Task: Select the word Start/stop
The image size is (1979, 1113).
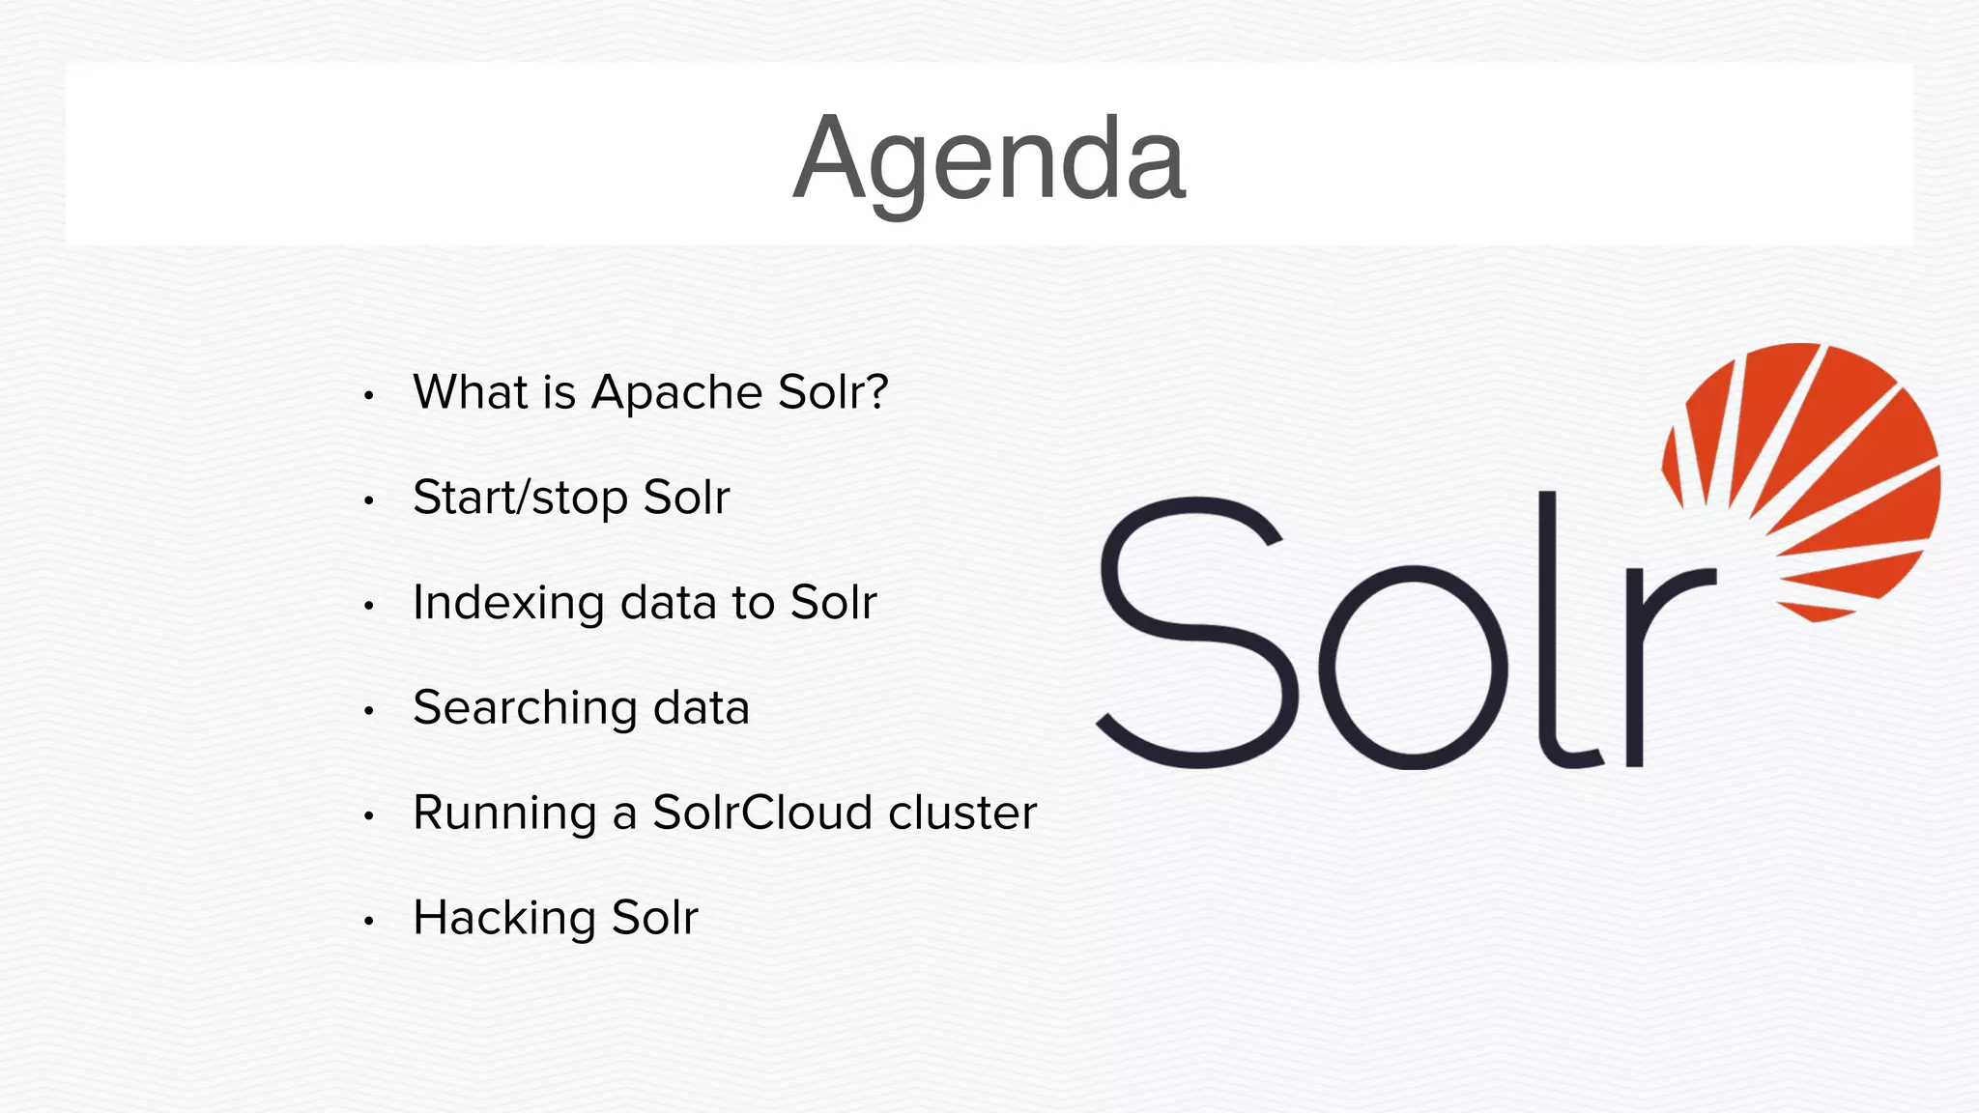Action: pos(520,499)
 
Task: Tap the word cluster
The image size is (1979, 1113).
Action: pos(962,813)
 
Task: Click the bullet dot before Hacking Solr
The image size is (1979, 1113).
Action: pos(368,922)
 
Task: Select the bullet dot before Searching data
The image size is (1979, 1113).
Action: pos(368,712)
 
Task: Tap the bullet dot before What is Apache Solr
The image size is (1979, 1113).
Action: pos(368,396)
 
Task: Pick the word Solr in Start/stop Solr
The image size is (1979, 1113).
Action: pos(686,499)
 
